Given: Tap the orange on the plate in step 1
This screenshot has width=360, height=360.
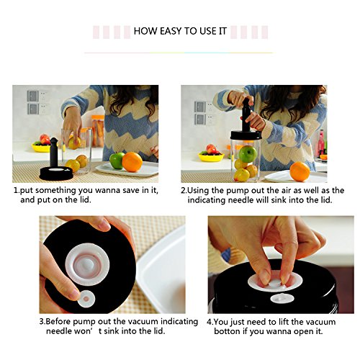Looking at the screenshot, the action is (x=132, y=162).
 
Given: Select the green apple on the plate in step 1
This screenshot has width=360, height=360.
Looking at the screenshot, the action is (x=117, y=161).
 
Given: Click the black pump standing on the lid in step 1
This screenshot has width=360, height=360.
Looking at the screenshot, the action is (x=54, y=152).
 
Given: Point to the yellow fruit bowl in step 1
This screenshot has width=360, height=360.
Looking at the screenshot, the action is (x=41, y=148).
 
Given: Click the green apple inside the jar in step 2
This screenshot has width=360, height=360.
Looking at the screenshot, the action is (x=248, y=154).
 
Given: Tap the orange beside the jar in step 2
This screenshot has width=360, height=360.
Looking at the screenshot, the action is (x=300, y=171).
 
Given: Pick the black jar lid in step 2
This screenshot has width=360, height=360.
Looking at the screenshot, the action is (x=246, y=135).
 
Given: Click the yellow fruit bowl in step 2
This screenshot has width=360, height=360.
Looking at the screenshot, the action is (x=211, y=157).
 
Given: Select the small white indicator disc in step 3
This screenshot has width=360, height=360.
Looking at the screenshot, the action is (x=86, y=299).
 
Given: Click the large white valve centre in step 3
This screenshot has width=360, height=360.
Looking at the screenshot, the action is (x=87, y=264).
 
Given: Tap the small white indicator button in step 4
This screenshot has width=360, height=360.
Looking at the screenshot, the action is (x=282, y=299).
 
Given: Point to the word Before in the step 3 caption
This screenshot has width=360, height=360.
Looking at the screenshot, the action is (x=58, y=321).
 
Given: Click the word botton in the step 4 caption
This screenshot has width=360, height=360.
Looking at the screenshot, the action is (x=227, y=331).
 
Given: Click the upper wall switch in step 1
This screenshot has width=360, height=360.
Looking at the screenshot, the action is (x=32, y=96).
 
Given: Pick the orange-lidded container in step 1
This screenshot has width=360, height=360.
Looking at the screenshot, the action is (x=98, y=131).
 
